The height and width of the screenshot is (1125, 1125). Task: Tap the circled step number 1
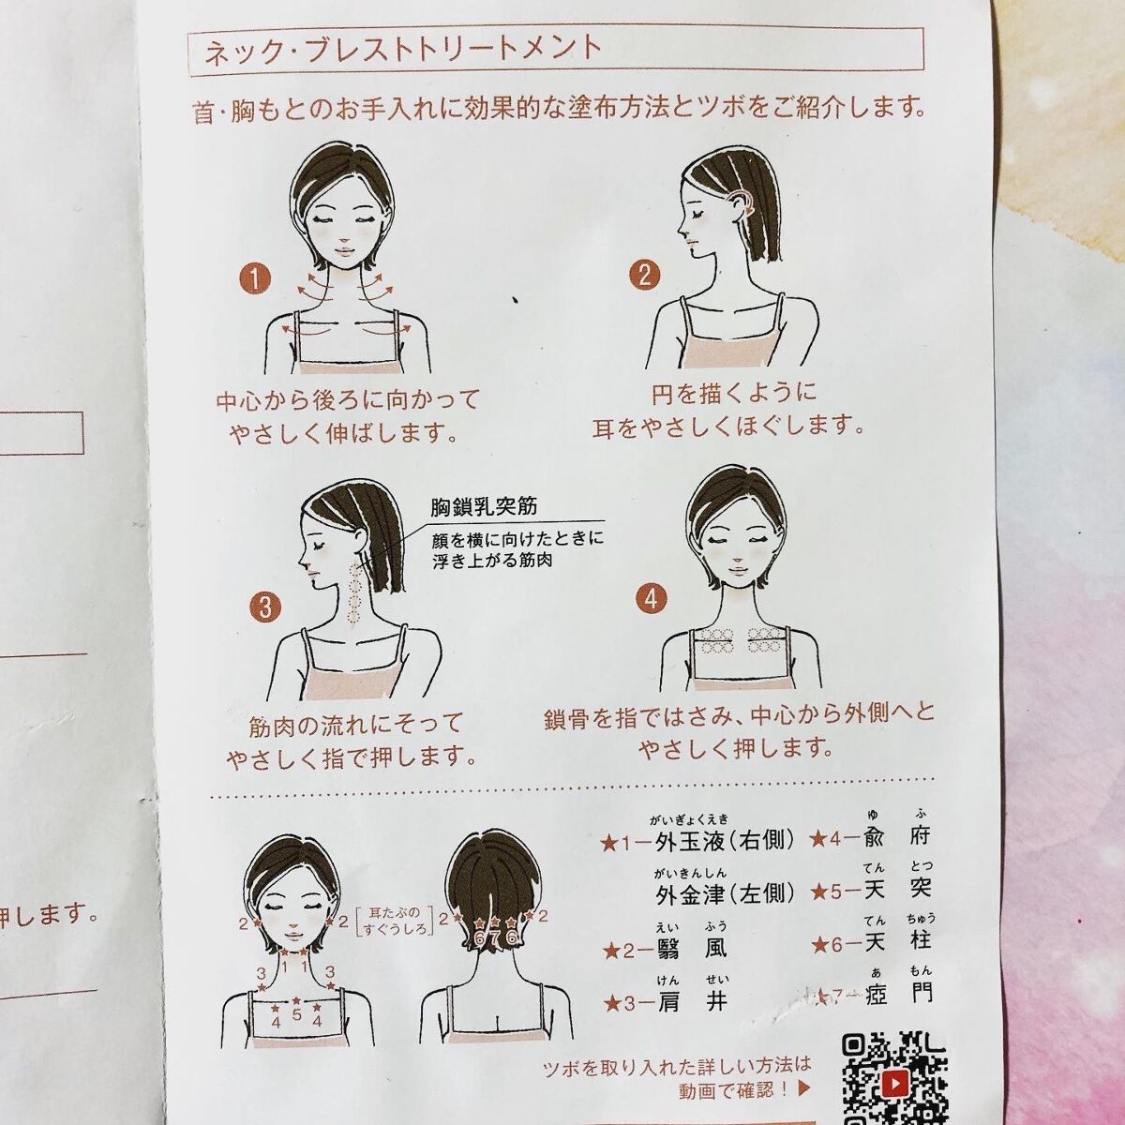[254, 277]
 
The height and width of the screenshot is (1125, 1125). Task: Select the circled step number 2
[644, 276]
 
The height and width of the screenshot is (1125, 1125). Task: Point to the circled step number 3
[265, 606]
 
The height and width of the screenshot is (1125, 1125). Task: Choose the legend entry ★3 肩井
[666, 1002]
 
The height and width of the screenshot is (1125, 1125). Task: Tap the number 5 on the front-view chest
[296, 1013]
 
